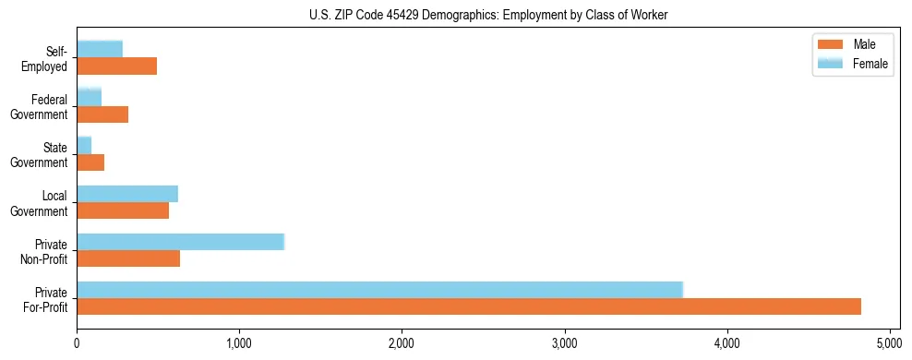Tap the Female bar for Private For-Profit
[x=379, y=289]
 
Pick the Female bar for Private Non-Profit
[x=180, y=241]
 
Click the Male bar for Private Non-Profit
[x=128, y=258]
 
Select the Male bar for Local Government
[x=123, y=210]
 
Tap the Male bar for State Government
[x=90, y=162]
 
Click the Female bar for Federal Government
[x=89, y=97]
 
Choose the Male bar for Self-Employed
[x=116, y=66]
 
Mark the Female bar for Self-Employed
[x=100, y=49]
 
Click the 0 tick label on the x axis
[x=77, y=342]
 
